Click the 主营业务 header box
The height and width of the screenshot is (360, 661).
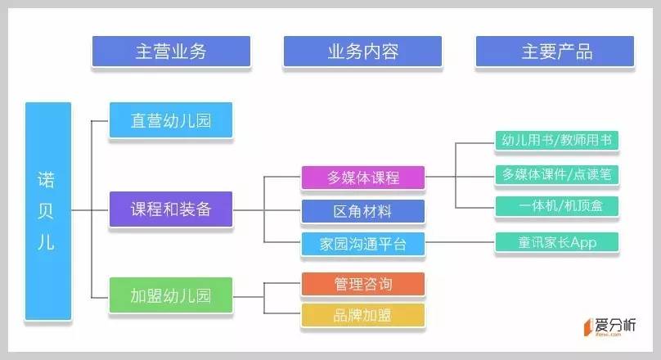pos(170,52)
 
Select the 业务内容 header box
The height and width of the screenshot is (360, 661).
pos(362,52)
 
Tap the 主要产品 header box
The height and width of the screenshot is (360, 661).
pos(555,52)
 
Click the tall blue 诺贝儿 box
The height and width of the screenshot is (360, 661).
pos(48,210)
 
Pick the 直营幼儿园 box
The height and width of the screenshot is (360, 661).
pos(170,122)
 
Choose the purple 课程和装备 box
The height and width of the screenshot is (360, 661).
pos(170,209)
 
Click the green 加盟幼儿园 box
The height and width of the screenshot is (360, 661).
pos(170,295)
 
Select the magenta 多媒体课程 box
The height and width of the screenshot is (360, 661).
pos(362,178)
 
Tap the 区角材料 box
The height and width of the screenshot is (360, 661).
pos(362,211)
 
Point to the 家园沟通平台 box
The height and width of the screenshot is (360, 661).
pos(362,244)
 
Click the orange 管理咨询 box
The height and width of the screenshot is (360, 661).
pos(362,284)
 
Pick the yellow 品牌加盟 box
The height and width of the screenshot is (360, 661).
pos(362,315)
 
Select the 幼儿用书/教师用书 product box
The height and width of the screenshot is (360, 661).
pos(556,141)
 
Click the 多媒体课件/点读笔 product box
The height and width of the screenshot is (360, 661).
pos(556,173)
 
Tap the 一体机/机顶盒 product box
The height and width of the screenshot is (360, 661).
pos(556,206)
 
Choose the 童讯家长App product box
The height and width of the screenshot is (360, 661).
pos(556,243)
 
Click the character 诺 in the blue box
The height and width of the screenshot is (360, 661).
pos(48,178)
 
